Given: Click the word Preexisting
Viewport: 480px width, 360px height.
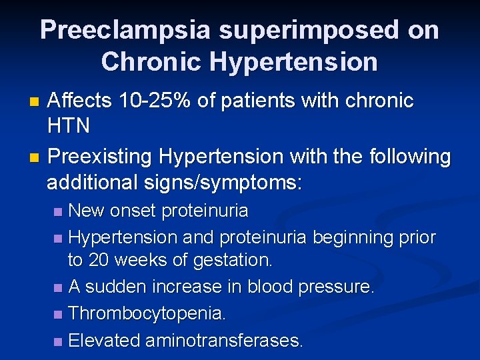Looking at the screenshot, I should tap(100, 157).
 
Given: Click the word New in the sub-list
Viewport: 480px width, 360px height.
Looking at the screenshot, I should tap(87, 211).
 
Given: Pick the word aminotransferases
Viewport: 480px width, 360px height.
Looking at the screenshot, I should tap(224, 341).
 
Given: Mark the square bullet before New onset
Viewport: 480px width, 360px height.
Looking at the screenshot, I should tap(59, 213).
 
